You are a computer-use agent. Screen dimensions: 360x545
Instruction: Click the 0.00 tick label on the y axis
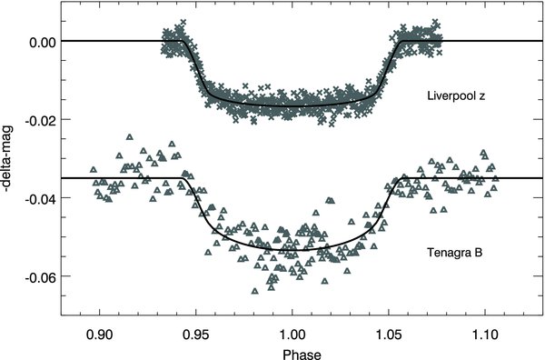pos(42,42)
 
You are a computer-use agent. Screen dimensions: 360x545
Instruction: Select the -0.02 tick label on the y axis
pos(40,120)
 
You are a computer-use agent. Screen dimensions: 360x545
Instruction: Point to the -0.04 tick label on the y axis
pos(40,197)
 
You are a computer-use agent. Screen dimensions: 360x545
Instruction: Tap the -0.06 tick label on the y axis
pos(40,275)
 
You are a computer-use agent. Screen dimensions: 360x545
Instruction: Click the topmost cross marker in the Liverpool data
pos(184,23)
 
